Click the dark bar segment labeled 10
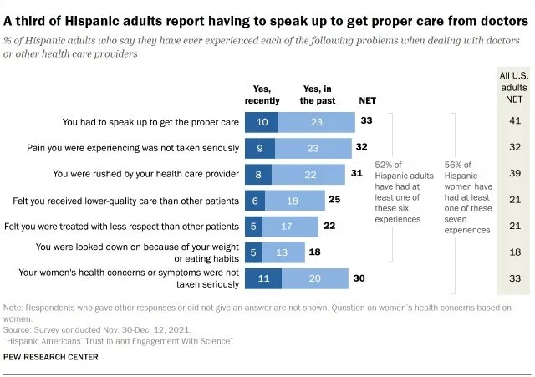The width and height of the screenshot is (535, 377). tap(263, 122)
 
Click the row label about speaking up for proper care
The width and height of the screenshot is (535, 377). tap(151, 122)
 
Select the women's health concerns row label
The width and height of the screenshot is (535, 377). tap(158, 279)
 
